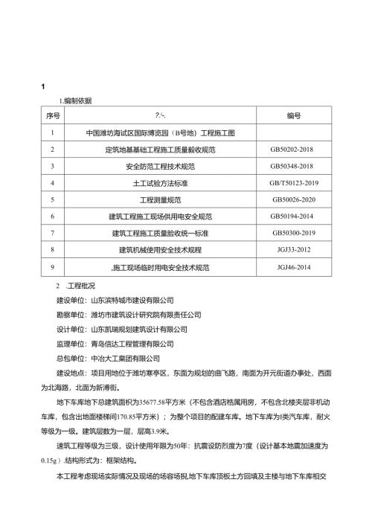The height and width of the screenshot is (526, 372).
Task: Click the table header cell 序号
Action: [x=53, y=116]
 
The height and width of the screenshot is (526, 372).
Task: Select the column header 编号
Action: [x=293, y=116]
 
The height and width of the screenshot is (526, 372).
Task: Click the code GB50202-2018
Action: [x=293, y=150]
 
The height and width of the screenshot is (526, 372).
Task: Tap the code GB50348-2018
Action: [x=293, y=166]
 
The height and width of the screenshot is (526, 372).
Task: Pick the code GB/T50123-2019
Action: [x=293, y=183]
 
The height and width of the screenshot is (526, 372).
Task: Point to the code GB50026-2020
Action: [x=293, y=200]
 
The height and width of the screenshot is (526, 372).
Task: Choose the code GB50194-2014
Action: [x=293, y=217]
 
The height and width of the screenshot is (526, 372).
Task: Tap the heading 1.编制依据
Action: [x=75, y=100]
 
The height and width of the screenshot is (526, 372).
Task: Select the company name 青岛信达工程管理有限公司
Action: [x=132, y=344]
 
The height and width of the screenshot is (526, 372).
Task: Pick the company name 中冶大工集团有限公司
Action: [x=125, y=358]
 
